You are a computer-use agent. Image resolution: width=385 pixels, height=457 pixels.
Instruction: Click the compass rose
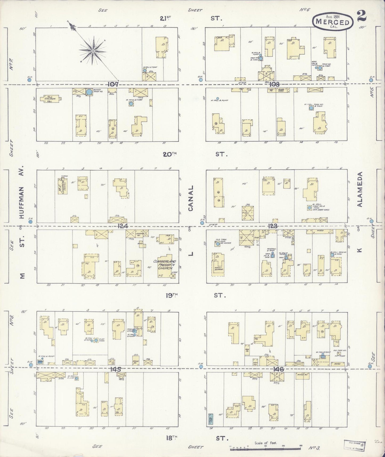[93, 51]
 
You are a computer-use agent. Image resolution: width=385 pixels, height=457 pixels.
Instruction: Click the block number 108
[274, 84]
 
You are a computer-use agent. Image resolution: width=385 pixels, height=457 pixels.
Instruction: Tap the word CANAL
[191, 198]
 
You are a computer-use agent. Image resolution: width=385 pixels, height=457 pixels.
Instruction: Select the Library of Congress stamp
[355, 445]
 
